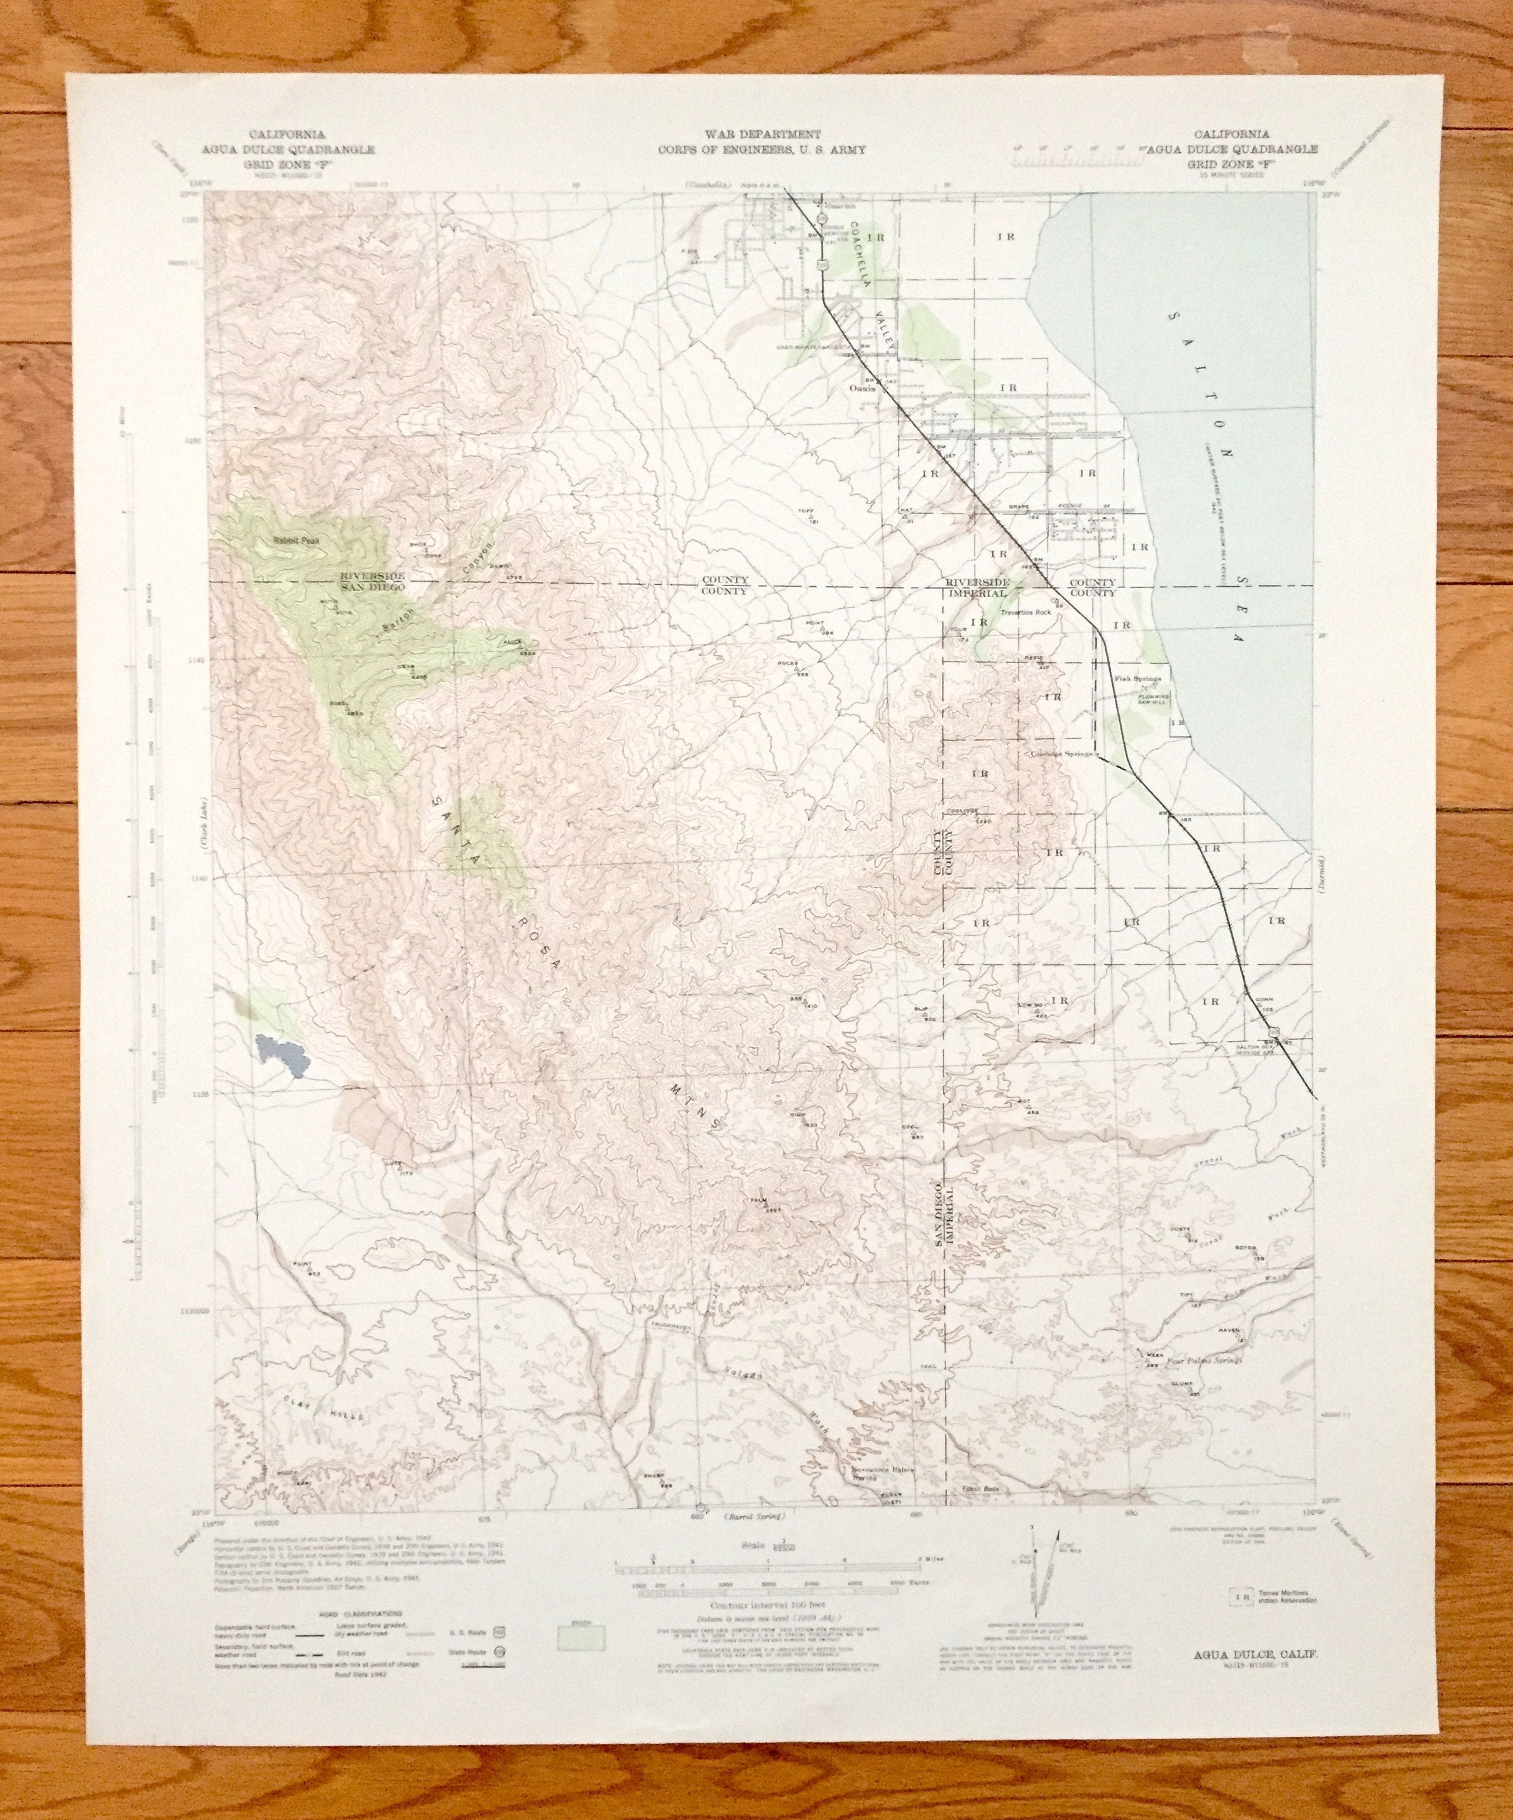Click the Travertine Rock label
[x=1025, y=613]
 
